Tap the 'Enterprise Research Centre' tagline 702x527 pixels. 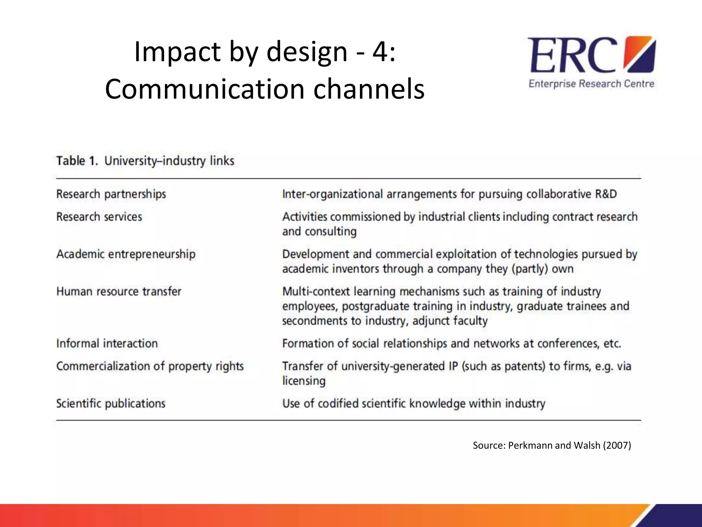[x=591, y=84]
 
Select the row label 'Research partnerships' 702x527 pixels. [x=111, y=194]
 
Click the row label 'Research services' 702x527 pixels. [x=99, y=217]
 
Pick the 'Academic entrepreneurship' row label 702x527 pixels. [x=126, y=254]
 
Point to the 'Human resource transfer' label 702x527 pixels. [x=119, y=292]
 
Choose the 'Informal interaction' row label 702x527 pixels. [x=107, y=343]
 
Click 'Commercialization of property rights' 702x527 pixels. [x=150, y=366]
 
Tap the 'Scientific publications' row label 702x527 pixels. [x=111, y=403]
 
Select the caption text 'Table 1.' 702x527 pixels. [x=77, y=161]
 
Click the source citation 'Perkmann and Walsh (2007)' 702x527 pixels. [x=569, y=445]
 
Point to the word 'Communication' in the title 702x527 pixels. [x=205, y=89]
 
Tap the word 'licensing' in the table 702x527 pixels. [x=304, y=381]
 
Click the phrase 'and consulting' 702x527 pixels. [x=319, y=232]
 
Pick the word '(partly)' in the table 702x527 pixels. [x=530, y=269]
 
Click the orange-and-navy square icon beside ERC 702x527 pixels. [x=640, y=55]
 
